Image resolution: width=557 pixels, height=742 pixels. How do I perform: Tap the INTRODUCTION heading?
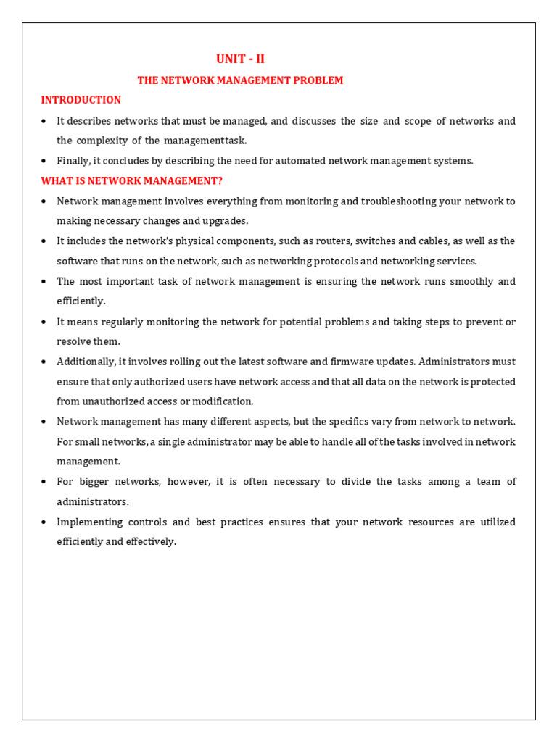pyautogui.click(x=81, y=100)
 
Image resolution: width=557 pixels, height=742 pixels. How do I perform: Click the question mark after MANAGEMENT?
pyautogui.click(x=220, y=180)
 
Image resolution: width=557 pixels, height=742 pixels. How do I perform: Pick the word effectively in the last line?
pyautogui.click(x=152, y=541)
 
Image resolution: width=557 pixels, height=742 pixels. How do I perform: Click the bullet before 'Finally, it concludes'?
pyautogui.click(x=44, y=161)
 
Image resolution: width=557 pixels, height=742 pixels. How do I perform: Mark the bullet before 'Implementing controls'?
pyautogui.click(x=44, y=522)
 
